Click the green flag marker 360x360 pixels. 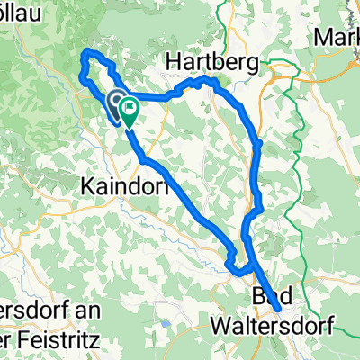tap(128, 111)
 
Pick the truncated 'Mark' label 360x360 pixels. tap(337, 39)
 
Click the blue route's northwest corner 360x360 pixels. tap(85, 54)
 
